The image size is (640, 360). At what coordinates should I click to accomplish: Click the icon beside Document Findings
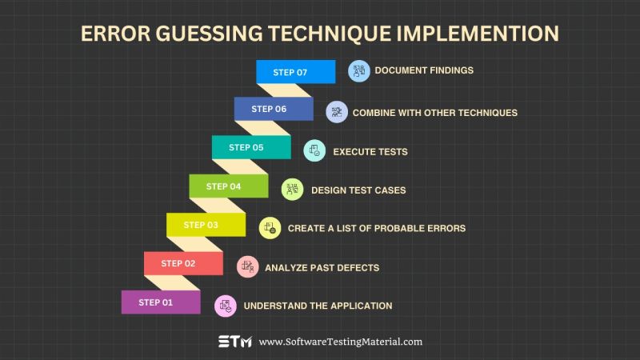pos(359,70)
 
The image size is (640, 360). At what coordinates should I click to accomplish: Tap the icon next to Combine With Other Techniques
pos(337,112)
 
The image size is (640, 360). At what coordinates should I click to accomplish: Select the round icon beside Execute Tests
pos(314,150)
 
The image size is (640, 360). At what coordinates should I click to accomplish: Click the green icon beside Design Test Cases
pos(293,190)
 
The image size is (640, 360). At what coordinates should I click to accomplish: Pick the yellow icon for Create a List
pos(270,228)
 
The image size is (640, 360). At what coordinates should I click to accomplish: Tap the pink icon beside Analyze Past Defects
pos(248,266)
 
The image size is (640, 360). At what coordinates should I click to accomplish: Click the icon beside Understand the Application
pos(226,305)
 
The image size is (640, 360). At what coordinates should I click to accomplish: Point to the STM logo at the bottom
pos(235,342)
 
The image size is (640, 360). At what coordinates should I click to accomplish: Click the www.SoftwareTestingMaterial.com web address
pos(340,342)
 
